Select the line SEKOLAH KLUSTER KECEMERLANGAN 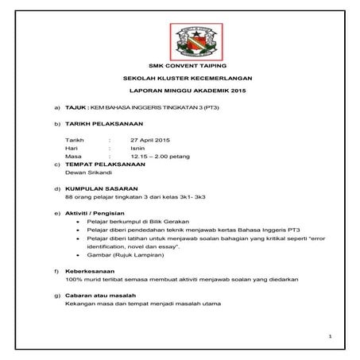(x=180, y=80)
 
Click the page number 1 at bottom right (x=328, y=338)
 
